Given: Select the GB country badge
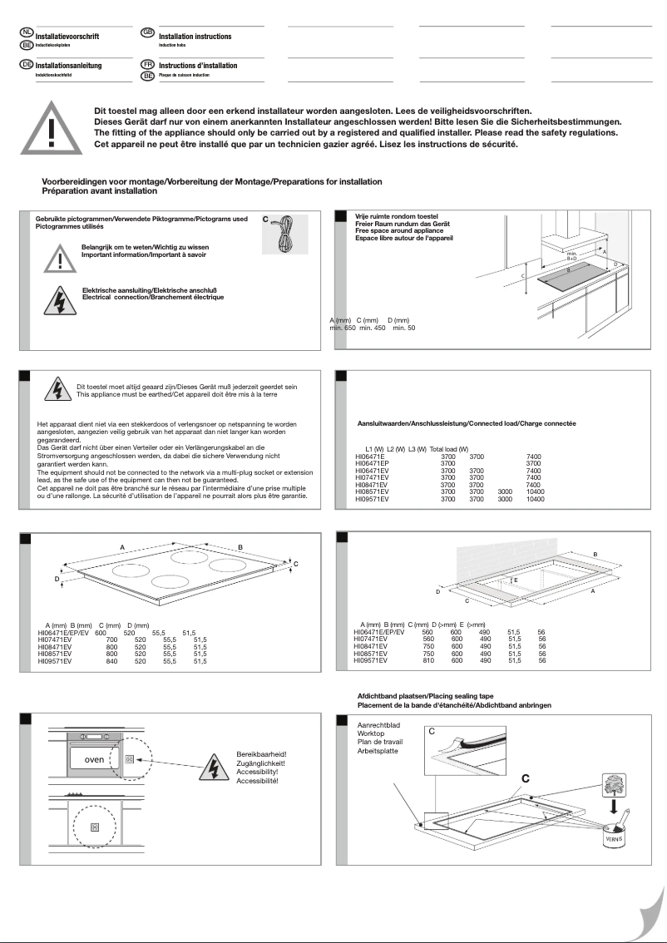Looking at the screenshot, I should point(148,32).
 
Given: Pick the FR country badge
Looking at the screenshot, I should point(148,64).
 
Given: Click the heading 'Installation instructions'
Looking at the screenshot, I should point(195,37).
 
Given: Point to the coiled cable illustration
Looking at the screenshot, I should point(285,235).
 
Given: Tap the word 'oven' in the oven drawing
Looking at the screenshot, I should point(94,759).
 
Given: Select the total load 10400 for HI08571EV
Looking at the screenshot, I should point(535,491).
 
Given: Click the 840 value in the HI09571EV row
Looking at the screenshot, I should point(100,660).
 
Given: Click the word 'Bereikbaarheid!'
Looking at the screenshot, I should point(261,753).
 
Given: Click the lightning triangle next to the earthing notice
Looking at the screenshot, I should point(58,391).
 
